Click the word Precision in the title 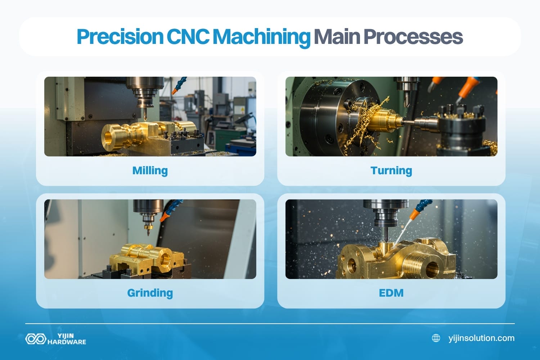(120, 37)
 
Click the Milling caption (150, 170)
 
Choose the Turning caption (391, 170)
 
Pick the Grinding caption (150, 293)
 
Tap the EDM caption (391, 293)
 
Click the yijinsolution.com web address (481, 338)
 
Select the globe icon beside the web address (436, 338)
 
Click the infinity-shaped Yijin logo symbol (35, 339)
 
